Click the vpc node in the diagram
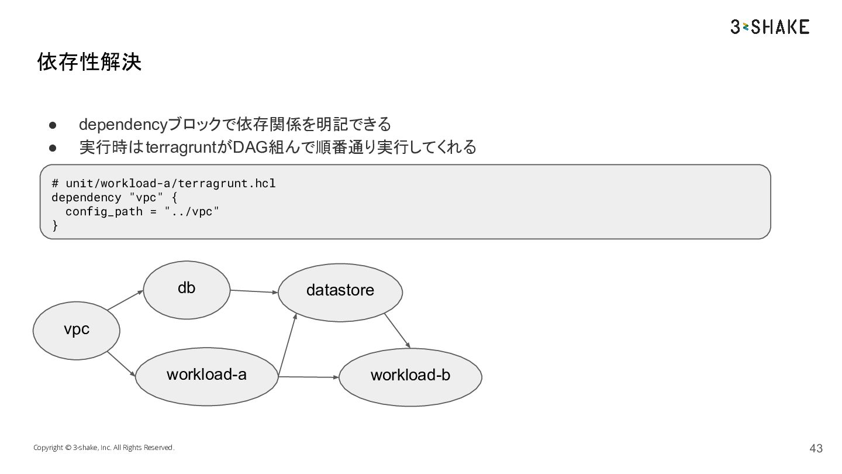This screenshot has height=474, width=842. coord(76,331)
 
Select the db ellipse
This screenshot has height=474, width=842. coord(187,290)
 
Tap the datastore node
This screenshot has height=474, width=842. coord(340,293)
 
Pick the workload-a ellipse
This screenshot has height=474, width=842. coord(207,377)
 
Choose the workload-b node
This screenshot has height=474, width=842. coord(410,377)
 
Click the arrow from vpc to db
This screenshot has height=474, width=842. coord(125,300)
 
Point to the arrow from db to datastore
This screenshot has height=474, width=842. coord(254,291)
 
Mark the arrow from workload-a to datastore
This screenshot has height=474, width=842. coord(288,345)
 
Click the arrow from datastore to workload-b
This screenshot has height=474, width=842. coord(398,331)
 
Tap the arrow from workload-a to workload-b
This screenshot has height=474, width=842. coord(309,377)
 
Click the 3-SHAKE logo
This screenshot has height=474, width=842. coord(770,27)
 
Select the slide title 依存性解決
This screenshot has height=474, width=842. coord(89,61)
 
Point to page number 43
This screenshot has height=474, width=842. coord(816,448)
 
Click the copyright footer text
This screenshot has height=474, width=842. coord(103,447)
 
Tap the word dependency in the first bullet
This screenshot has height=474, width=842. coord(123,125)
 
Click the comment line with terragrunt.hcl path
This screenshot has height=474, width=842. coord(164,183)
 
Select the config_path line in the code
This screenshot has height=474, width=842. coord(142,211)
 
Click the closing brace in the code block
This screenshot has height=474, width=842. coord(55,225)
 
